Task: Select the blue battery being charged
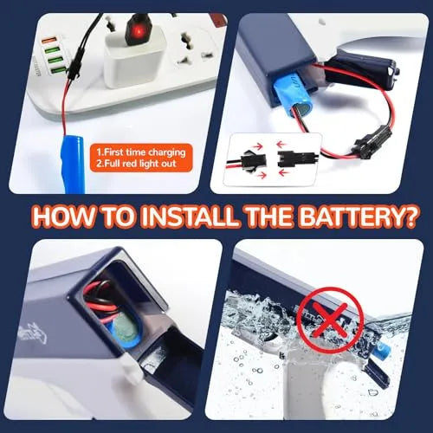pos(72,165)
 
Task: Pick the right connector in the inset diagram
pos(289,158)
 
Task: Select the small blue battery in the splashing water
pos(381,351)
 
